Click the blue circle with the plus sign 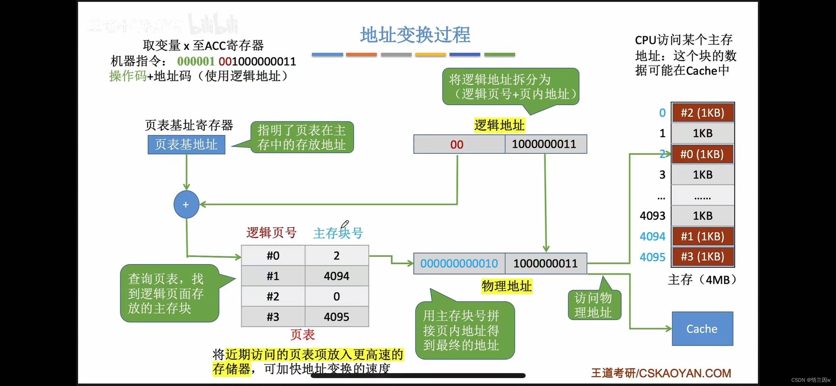pyautogui.click(x=186, y=204)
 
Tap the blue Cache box pyautogui.click(x=702, y=329)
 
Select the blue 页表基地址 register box pyautogui.click(x=186, y=145)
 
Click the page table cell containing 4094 pyautogui.click(x=336, y=276)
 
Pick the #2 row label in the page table pyautogui.click(x=273, y=296)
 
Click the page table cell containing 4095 pyautogui.click(x=336, y=317)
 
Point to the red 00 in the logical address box pyautogui.click(x=457, y=144)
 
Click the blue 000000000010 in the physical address pyautogui.click(x=459, y=263)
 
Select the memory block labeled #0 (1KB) pyautogui.click(x=702, y=154)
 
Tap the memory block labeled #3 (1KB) pyautogui.click(x=702, y=257)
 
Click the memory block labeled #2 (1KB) pyautogui.click(x=702, y=113)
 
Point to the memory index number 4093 pyautogui.click(x=652, y=215)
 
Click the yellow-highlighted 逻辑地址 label pyautogui.click(x=499, y=125)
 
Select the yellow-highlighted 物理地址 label pyautogui.click(x=506, y=286)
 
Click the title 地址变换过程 pyautogui.click(x=415, y=35)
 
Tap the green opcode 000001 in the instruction pyautogui.click(x=195, y=61)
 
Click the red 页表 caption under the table pyautogui.click(x=302, y=335)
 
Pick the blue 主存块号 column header pyautogui.click(x=338, y=233)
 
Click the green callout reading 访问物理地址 pyautogui.click(x=594, y=305)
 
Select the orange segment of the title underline pyautogui.click(x=361, y=54)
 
